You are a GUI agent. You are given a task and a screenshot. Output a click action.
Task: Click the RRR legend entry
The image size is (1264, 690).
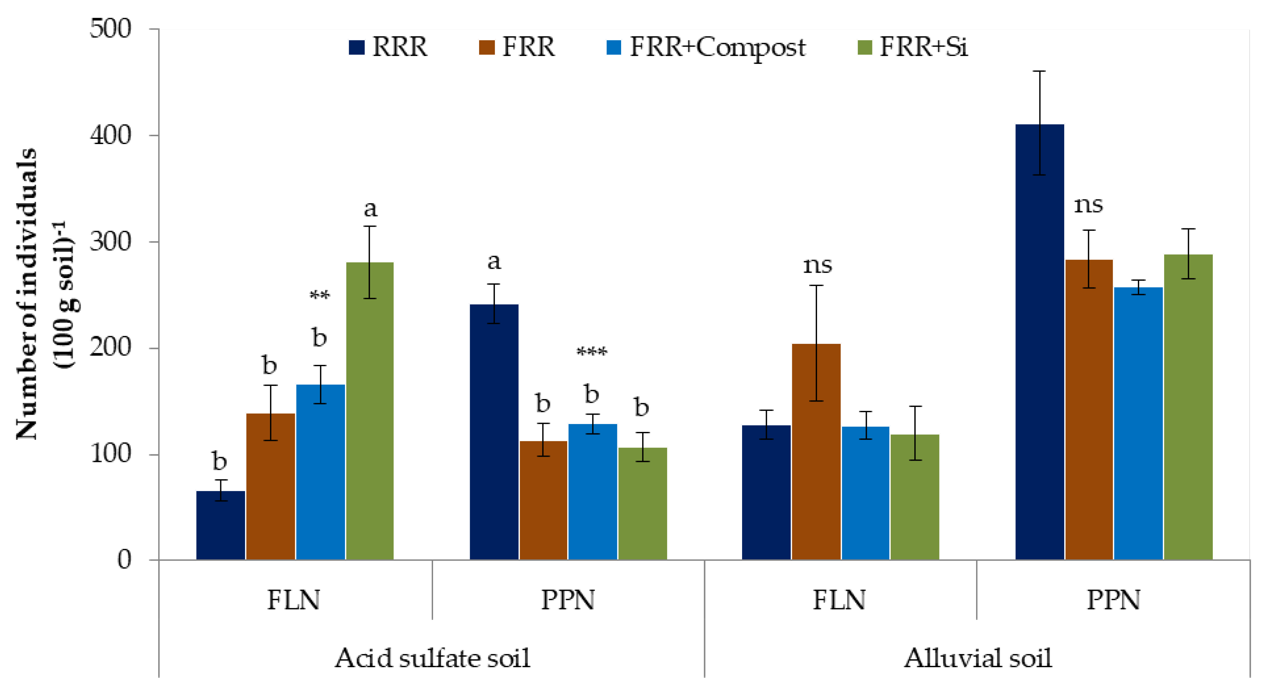[388, 47]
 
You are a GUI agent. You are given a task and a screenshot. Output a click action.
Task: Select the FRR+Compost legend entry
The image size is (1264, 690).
[706, 47]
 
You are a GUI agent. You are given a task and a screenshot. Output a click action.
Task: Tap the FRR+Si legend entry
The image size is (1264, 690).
[913, 47]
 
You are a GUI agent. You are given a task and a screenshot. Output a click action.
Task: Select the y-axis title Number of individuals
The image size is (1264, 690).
[27, 294]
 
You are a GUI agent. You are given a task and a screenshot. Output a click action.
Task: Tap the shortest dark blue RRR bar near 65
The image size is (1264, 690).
[220, 525]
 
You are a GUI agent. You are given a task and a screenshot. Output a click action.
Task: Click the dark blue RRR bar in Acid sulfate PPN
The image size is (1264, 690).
[494, 432]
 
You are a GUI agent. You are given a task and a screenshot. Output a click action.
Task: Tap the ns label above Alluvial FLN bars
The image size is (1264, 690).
[817, 265]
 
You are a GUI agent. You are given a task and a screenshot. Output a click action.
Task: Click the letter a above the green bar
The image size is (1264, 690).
[371, 208]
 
